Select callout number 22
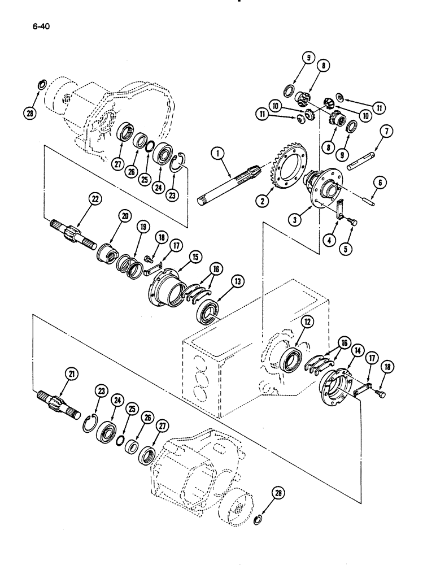pyautogui.click(x=94, y=198)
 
